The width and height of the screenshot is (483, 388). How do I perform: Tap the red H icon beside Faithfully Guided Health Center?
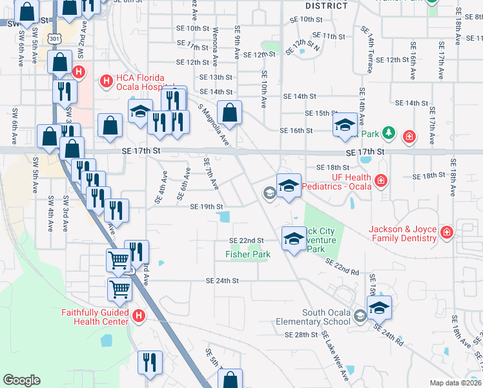(x=138, y=316)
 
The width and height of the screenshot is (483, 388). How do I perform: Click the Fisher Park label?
(x=247, y=255)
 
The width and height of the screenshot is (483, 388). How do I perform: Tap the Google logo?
(x=21, y=380)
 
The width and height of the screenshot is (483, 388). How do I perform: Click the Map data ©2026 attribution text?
(x=456, y=383)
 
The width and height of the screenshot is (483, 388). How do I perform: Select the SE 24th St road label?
(x=222, y=281)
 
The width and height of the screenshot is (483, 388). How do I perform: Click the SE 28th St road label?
(x=302, y=335)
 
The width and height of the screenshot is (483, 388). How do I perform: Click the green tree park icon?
(x=388, y=134)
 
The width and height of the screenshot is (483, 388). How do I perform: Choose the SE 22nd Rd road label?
(x=342, y=267)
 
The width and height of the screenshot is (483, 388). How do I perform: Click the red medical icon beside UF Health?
(x=381, y=179)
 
